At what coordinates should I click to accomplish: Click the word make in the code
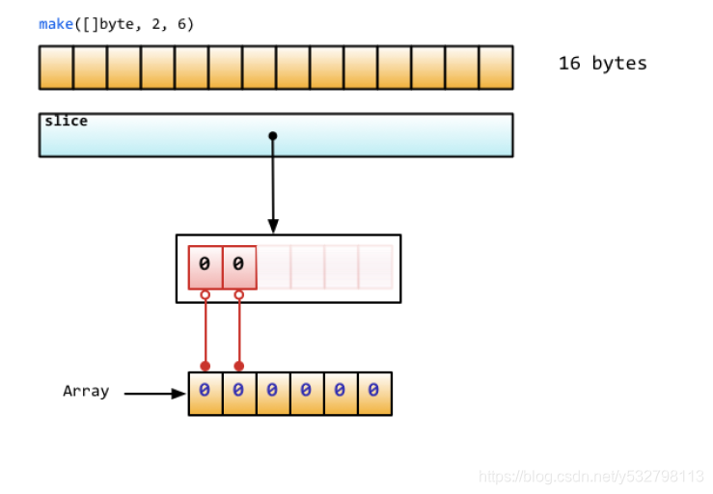[56, 24]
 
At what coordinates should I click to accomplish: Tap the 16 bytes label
[602, 64]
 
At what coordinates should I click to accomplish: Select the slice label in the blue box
[66, 122]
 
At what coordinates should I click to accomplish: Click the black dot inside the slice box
[273, 136]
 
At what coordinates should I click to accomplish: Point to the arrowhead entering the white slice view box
[273, 227]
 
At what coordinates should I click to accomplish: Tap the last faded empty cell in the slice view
[374, 266]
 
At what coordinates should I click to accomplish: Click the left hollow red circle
[205, 295]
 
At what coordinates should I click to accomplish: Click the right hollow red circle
[239, 295]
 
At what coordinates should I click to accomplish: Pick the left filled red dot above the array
[205, 366]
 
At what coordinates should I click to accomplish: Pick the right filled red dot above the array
[239, 366]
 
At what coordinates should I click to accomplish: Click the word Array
[86, 392]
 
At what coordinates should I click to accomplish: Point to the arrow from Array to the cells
[154, 394]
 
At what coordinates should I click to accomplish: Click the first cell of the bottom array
[205, 394]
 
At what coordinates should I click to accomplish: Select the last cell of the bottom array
[374, 394]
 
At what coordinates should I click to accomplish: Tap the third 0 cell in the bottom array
[273, 394]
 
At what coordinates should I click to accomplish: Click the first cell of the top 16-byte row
[56, 68]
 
